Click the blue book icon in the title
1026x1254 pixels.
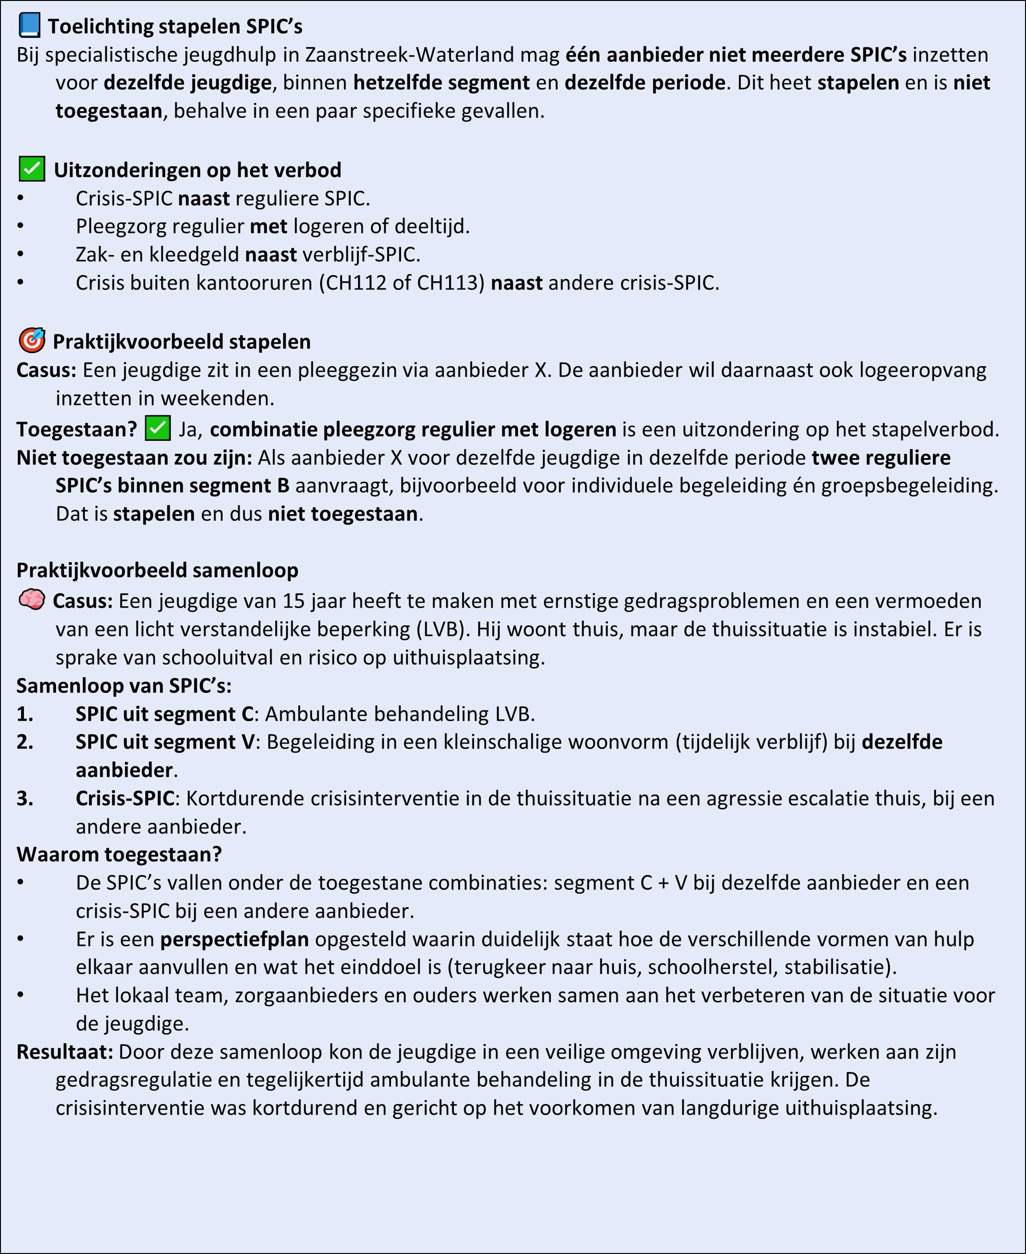(x=30, y=25)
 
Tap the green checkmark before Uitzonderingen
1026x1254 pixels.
(x=32, y=169)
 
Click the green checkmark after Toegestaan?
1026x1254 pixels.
(x=158, y=428)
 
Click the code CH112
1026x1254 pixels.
(x=356, y=283)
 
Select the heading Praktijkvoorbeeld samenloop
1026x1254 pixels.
(x=157, y=570)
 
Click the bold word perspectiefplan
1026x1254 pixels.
(x=235, y=939)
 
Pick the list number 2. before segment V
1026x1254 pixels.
(x=25, y=742)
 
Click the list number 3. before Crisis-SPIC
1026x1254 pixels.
(x=25, y=798)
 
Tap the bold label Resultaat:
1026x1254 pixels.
(x=64, y=1052)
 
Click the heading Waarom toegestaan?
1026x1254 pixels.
(x=119, y=854)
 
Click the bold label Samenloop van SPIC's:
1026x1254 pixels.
(x=124, y=686)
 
